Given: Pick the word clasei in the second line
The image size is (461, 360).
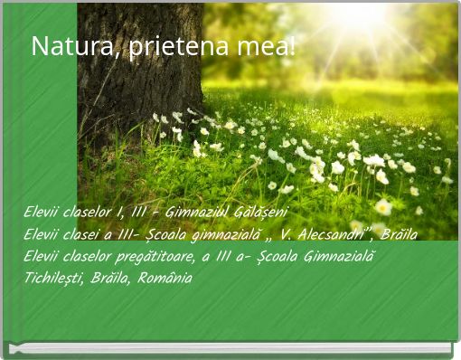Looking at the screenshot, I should pyautogui.click(x=92, y=233).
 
